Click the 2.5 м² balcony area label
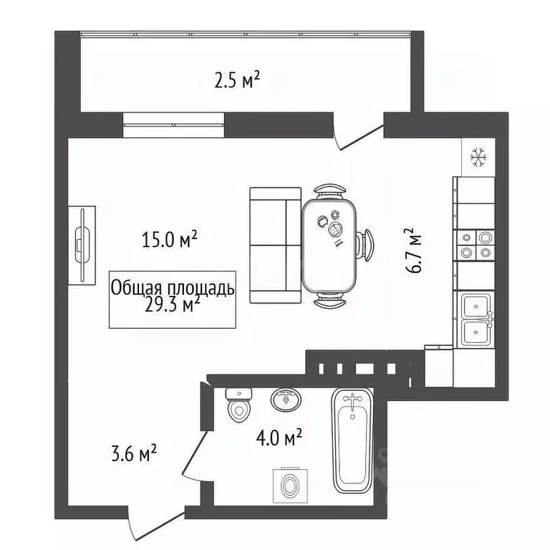tap(236, 80)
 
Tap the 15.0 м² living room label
tap(170, 239)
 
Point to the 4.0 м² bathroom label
tap(278, 436)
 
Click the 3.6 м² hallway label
tap(135, 454)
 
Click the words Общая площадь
tap(172, 289)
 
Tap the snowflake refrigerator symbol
tap(478, 157)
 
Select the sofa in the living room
tap(275, 245)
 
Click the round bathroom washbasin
tap(286, 398)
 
